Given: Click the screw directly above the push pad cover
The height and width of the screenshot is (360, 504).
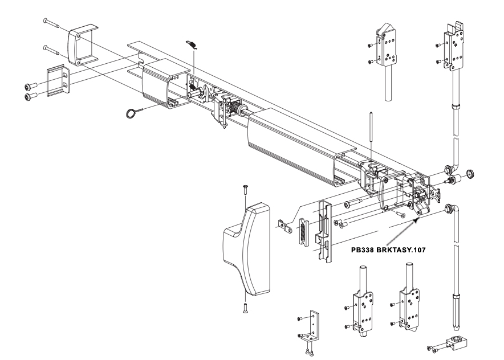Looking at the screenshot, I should (245, 190).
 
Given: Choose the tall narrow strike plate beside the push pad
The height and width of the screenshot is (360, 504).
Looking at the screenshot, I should (323, 230).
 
